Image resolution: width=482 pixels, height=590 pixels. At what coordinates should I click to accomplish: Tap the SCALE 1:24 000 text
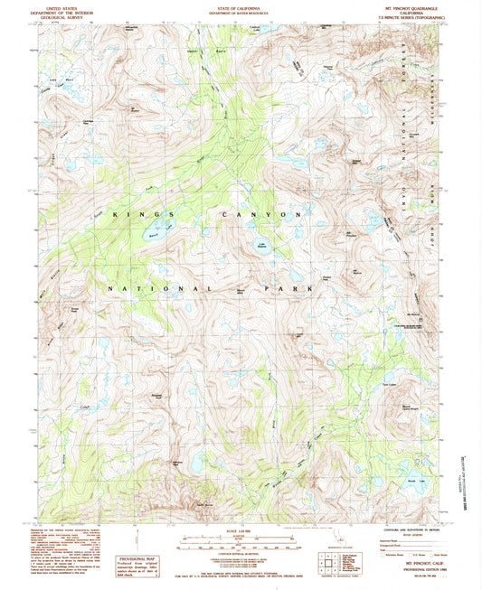click(241, 529)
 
